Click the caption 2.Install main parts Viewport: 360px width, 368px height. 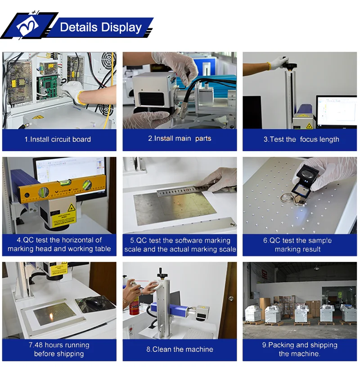point(180,139)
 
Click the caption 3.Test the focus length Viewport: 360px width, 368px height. point(301,139)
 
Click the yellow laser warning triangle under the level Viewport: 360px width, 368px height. point(71,208)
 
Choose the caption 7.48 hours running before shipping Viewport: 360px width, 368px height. point(59,350)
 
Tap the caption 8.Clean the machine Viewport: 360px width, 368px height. point(180,350)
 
